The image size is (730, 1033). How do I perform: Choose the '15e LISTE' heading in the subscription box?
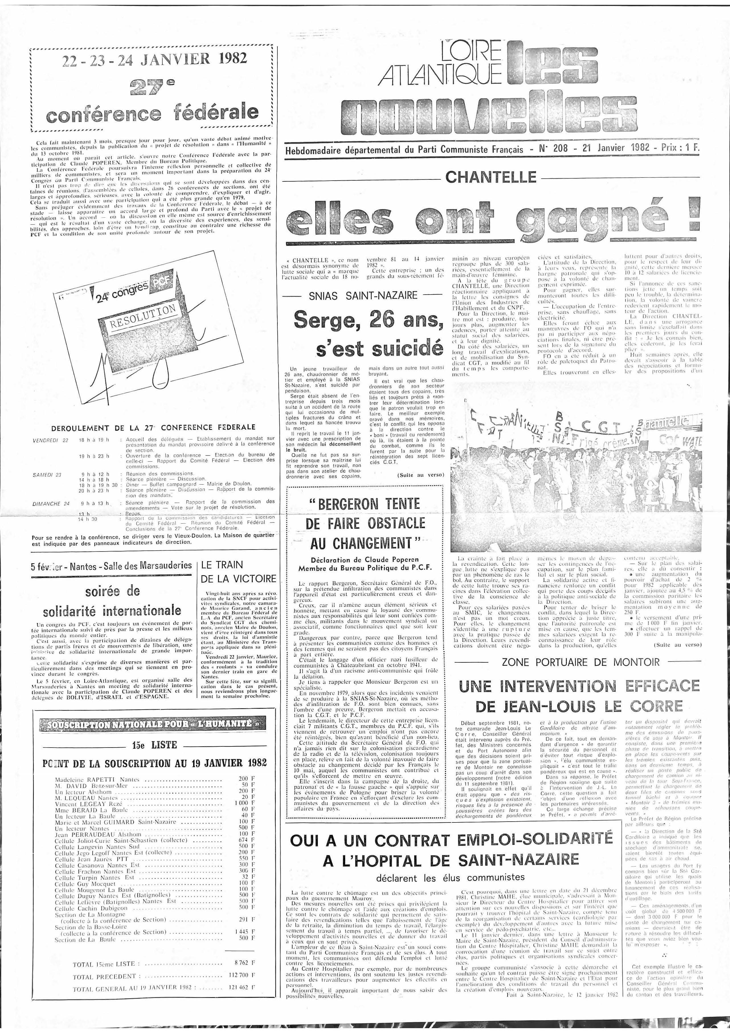154,745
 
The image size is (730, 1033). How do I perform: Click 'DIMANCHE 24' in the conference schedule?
51,503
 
